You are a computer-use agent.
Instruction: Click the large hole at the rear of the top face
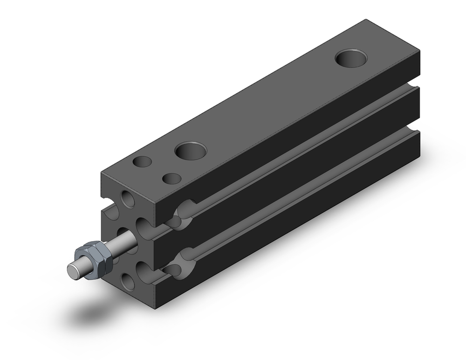click(x=351, y=57)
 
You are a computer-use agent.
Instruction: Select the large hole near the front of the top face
click(x=190, y=151)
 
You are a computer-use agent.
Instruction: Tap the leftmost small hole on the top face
click(x=142, y=162)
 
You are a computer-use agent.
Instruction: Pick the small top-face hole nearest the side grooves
click(x=172, y=178)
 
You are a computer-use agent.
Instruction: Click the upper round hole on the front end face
click(x=128, y=198)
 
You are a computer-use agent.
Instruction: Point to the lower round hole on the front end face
click(x=127, y=281)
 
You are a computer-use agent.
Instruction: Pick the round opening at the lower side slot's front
click(x=184, y=261)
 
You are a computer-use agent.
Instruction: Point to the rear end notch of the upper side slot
click(x=413, y=86)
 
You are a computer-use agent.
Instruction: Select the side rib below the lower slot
click(x=289, y=228)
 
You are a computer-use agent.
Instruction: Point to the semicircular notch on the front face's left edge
click(x=108, y=208)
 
